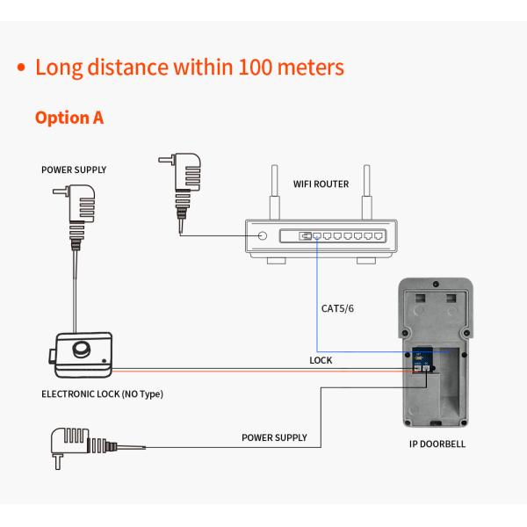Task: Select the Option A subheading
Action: [69, 118]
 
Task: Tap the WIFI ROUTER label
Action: [321, 184]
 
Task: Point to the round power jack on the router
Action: [263, 235]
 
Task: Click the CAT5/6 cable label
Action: [337, 307]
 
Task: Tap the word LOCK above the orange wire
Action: [321, 360]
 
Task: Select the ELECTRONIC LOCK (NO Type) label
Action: [103, 394]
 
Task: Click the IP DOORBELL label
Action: [437, 444]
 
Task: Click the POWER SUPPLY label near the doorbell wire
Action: [274, 437]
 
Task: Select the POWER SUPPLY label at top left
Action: [74, 170]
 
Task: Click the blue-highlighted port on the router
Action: [306, 235]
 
